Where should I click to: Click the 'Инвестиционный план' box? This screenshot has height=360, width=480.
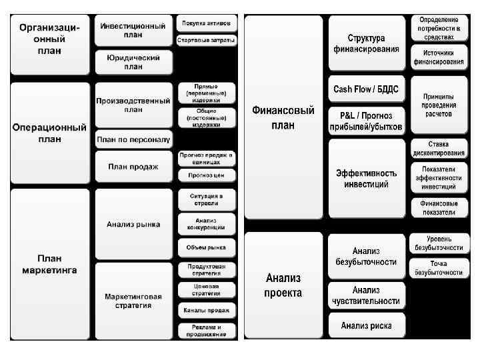[133, 30]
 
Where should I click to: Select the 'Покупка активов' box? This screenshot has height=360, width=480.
[206, 23]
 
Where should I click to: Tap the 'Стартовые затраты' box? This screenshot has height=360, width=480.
[206, 41]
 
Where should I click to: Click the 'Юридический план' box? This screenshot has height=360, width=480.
[133, 62]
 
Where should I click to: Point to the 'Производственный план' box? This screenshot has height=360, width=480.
[133, 105]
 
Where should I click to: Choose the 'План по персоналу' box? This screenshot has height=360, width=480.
[133, 140]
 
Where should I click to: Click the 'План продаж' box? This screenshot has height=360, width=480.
[133, 167]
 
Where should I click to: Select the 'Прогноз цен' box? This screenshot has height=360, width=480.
[206, 175]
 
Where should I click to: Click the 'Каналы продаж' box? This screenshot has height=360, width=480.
[206, 310]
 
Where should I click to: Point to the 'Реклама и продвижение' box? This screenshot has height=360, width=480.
[206, 331]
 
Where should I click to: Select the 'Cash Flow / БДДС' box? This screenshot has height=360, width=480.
[367, 89]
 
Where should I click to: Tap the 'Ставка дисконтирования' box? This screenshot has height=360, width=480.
[438, 149]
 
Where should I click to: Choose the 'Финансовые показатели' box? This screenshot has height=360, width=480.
[438, 207]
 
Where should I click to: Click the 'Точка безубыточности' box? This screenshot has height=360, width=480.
[438, 268]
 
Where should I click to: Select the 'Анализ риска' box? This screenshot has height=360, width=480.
[367, 325]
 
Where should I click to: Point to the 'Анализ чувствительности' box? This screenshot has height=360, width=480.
[367, 295]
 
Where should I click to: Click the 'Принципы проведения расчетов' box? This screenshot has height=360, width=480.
[438, 105]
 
